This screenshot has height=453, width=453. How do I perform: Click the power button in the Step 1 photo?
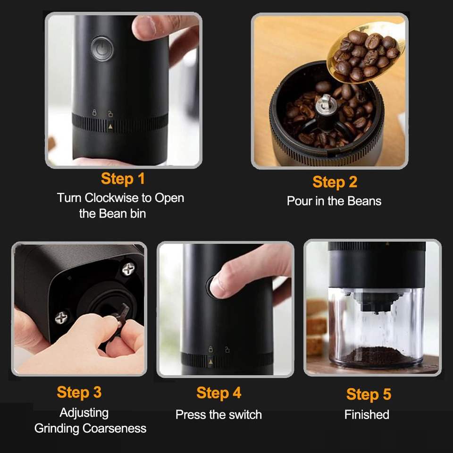tap(102, 49)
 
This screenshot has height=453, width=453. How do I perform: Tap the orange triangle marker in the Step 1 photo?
tap(110, 126)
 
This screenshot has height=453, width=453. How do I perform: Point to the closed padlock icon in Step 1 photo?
tap(94, 113)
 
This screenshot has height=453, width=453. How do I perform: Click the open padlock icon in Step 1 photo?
tap(110, 113)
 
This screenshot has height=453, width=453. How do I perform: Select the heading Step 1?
tap(123, 178)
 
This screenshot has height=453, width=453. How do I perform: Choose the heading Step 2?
tap(335, 182)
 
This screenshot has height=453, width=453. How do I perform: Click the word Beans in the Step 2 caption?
tap(364, 201)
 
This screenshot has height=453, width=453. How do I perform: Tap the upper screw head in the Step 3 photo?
tap(128, 269)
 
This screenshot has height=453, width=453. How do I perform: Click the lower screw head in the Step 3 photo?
tap(61, 318)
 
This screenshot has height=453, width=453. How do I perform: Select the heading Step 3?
tap(79, 392)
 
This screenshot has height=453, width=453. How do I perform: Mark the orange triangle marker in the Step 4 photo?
tap(210, 362)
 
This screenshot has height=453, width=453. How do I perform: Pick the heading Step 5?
tap(369, 394)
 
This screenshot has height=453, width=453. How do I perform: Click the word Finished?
tap(367, 415)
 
